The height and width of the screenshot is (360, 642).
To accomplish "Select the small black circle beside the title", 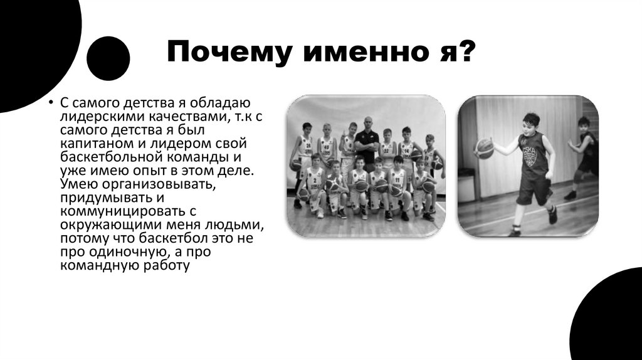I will (x=108, y=58).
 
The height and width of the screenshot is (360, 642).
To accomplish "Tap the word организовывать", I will (x=161, y=183).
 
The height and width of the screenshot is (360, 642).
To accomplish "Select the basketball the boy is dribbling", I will (x=484, y=148).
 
